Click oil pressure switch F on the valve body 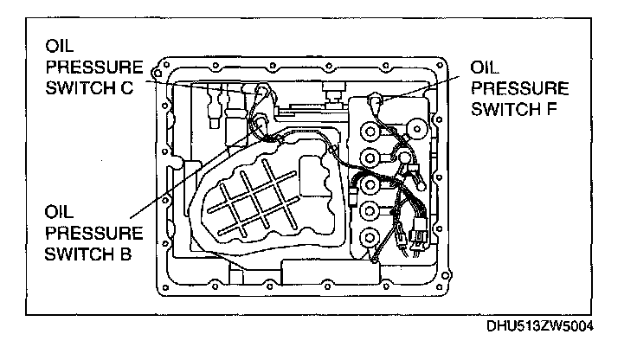(376, 101)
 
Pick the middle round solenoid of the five (370, 184)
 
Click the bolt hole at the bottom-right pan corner (445, 278)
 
